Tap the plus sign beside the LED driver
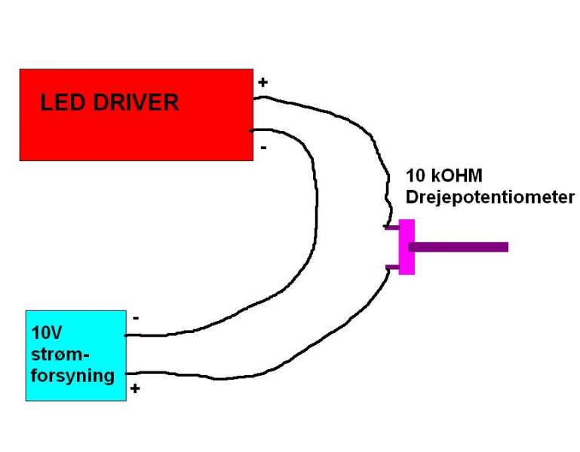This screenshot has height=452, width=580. pyautogui.click(x=262, y=81)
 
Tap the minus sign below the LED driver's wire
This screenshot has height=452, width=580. pyautogui.click(x=262, y=148)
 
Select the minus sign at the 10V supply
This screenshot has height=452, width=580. pyautogui.click(x=136, y=318)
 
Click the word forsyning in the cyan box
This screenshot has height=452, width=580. pyautogui.click(x=73, y=374)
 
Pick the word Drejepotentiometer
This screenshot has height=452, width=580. pyautogui.click(x=489, y=198)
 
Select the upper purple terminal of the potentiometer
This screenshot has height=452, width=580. pyautogui.click(x=391, y=227)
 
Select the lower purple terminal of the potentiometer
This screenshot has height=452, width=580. pyautogui.click(x=391, y=266)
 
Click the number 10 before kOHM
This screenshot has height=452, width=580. pyautogui.click(x=416, y=177)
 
